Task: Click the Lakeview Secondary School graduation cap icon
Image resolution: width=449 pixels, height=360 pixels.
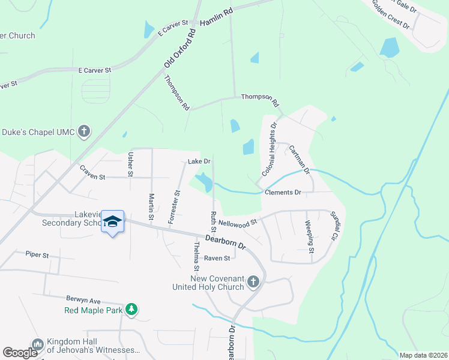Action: point(112,222)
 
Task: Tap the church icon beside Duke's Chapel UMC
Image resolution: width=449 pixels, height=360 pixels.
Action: point(84,131)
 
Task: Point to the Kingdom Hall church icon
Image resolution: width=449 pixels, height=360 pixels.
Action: point(38,345)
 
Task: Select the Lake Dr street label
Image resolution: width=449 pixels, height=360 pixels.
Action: point(199,161)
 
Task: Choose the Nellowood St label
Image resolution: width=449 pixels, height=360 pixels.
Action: point(238,223)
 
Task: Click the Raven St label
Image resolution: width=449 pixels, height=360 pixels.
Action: point(217,259)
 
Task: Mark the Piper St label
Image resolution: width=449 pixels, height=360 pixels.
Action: point(37,254)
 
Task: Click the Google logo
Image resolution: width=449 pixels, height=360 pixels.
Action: point(20,352)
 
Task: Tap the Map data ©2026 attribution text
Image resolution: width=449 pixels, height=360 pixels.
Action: point(423,355)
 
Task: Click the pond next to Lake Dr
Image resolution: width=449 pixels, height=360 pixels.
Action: point(204,181)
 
